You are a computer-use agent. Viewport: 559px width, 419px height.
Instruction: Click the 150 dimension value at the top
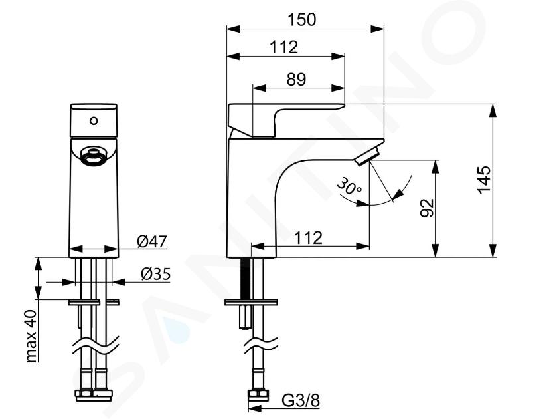(301, 19)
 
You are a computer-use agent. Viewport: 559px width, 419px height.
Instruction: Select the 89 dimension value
(296, 79)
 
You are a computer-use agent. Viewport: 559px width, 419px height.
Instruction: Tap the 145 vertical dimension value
(484, 180)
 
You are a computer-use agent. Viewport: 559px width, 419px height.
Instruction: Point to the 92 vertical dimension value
(427, 208)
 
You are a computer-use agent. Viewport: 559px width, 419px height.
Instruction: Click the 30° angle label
(349, 186)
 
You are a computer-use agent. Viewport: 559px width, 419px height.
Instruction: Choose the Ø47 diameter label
(152, 241)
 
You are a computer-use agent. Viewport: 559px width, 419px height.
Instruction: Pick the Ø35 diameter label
(156, 274)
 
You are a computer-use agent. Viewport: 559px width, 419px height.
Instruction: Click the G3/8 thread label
(301, 400)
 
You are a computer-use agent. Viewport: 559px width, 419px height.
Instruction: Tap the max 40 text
(31, 336)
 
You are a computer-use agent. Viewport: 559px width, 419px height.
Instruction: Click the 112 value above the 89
(283, 47)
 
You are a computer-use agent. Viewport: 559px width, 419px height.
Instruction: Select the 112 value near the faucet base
(308, 238)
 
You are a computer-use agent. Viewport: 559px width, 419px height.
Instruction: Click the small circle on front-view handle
(94, 121)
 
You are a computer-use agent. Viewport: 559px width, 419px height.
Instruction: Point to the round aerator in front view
(94, 157)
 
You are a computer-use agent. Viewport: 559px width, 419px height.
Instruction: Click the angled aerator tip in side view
(368, 156)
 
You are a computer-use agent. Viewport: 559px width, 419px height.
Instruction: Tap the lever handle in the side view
(286, 120)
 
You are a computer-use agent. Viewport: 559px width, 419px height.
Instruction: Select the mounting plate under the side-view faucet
(251, 302)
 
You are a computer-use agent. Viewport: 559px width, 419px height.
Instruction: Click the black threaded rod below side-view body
(246, 278)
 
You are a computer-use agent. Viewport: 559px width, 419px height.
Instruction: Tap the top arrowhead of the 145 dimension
(493, 110)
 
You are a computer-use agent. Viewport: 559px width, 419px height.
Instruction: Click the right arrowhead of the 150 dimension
(378, 29)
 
